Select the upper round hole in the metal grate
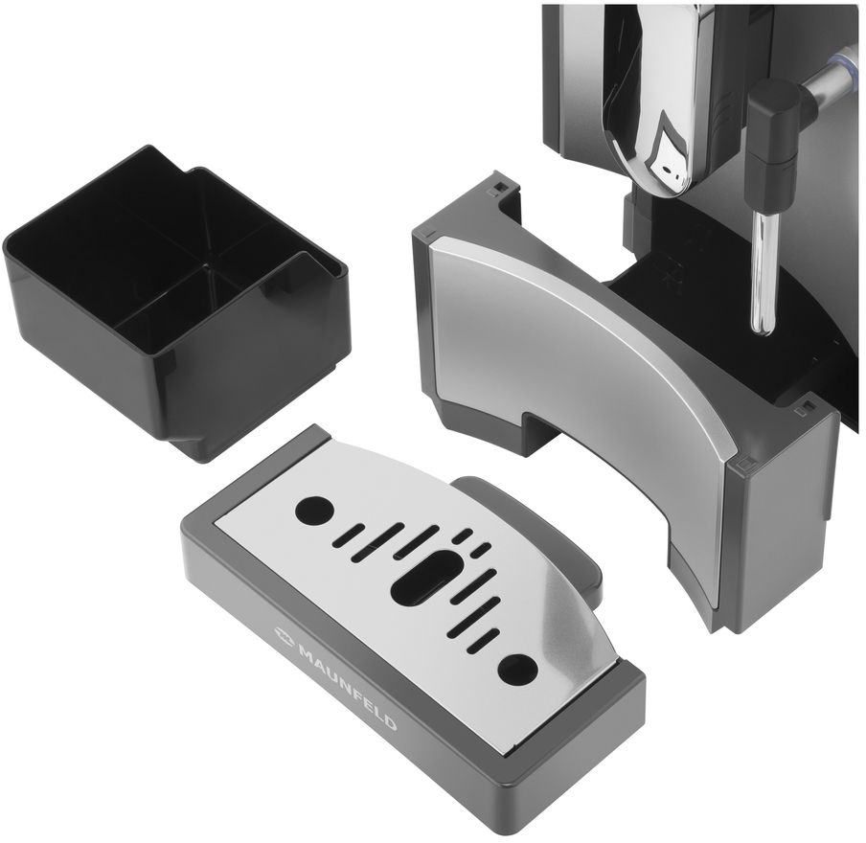tap(314, 510)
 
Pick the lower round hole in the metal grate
tap(517, 669)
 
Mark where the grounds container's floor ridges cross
tap(209, 265)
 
